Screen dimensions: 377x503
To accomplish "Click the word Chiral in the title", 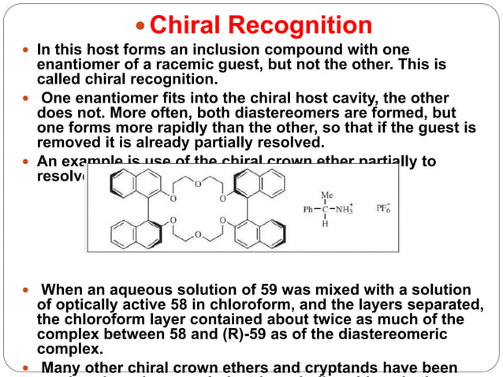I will point(188,25).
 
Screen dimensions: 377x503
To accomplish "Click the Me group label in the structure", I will point(326,194).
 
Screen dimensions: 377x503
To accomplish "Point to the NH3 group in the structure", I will point(345,210).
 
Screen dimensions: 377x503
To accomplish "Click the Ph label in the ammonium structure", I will point(309,210).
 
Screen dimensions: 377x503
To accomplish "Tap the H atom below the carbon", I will point(326,225).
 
